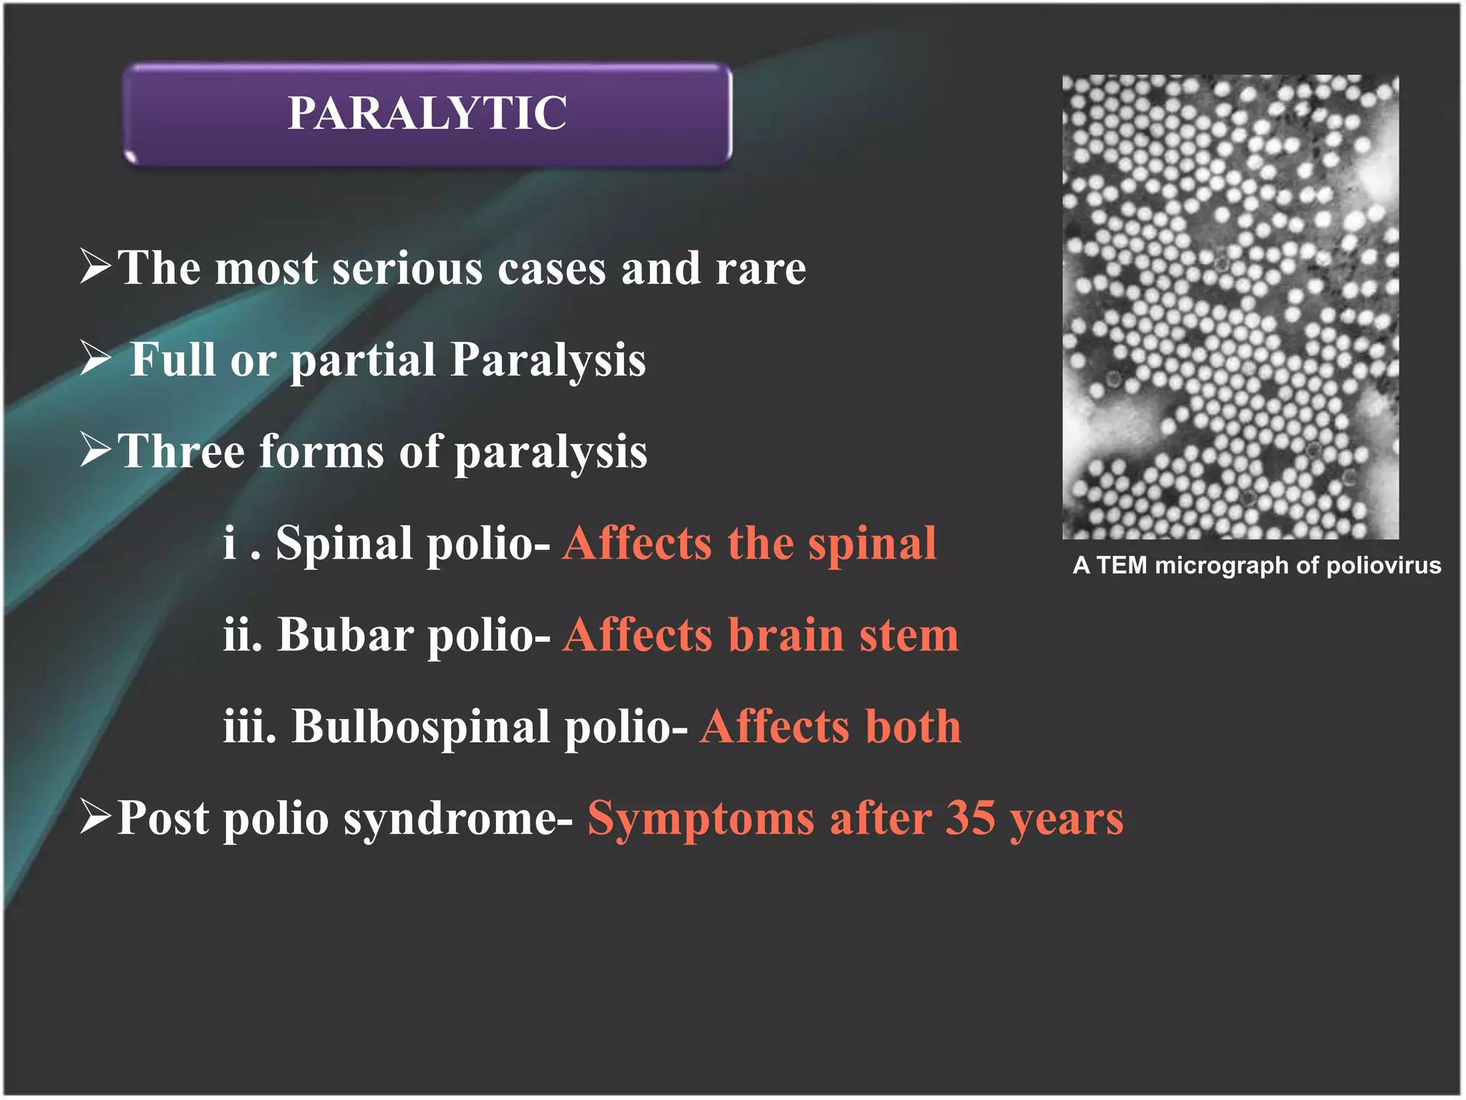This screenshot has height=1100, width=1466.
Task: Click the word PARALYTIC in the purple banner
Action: pyautogui.click(x=427, y=113)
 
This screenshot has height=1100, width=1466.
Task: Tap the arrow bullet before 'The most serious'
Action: pyautogui.click(x=96, y=266)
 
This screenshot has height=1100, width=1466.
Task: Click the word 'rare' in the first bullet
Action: pyautogui.click(x=760, y=269)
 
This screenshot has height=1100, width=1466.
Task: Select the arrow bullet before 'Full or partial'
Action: pyautogui.click(x=96, y=358)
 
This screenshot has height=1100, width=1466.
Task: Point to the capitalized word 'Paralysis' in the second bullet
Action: pyautogui.click(x=548, y=361)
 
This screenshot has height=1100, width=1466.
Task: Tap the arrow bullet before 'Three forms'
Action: pyautogui.click(x=96, y=450)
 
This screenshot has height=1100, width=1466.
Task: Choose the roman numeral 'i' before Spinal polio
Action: pyautogui.click(x=230, y=542)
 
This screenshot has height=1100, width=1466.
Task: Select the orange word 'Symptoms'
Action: pyautogui.click(x=701, y=819)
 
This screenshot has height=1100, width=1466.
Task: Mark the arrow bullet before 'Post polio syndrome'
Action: pyautogui.click(x=96, y=816)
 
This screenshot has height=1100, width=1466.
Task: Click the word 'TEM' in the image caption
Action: pyautogui.click(x=1122, y=566)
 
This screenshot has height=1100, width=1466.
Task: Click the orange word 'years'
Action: pyautogui.click(x=1067, y=820)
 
